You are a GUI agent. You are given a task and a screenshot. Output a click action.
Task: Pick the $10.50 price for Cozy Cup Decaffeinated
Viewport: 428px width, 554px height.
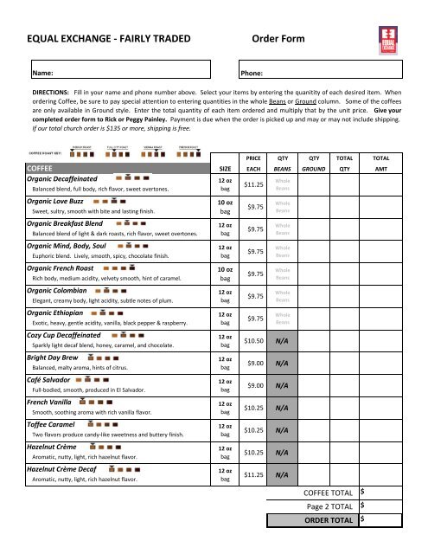[254, 341]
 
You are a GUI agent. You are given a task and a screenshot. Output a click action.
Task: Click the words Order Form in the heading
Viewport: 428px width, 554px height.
[284, 39]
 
